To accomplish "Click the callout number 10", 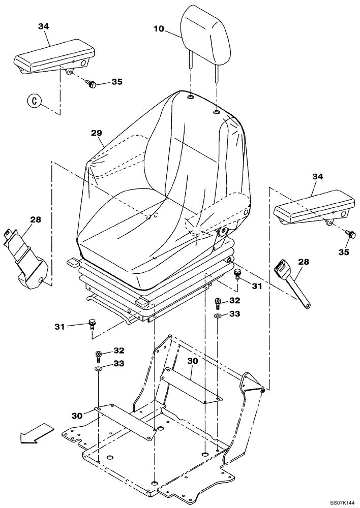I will click(159, 29).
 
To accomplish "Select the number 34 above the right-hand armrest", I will click(317, 176).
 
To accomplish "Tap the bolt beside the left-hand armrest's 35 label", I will click(92, 84).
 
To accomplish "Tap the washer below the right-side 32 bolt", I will click(218, 315).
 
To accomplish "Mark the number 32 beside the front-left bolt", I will click(118, 350).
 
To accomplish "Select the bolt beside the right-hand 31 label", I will click(237, 275).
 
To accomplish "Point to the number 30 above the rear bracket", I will click(193, 361).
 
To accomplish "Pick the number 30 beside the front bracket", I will click(77, 415).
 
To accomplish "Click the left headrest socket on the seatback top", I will click(190, 97).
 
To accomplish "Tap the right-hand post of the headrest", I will click(217, 71).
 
